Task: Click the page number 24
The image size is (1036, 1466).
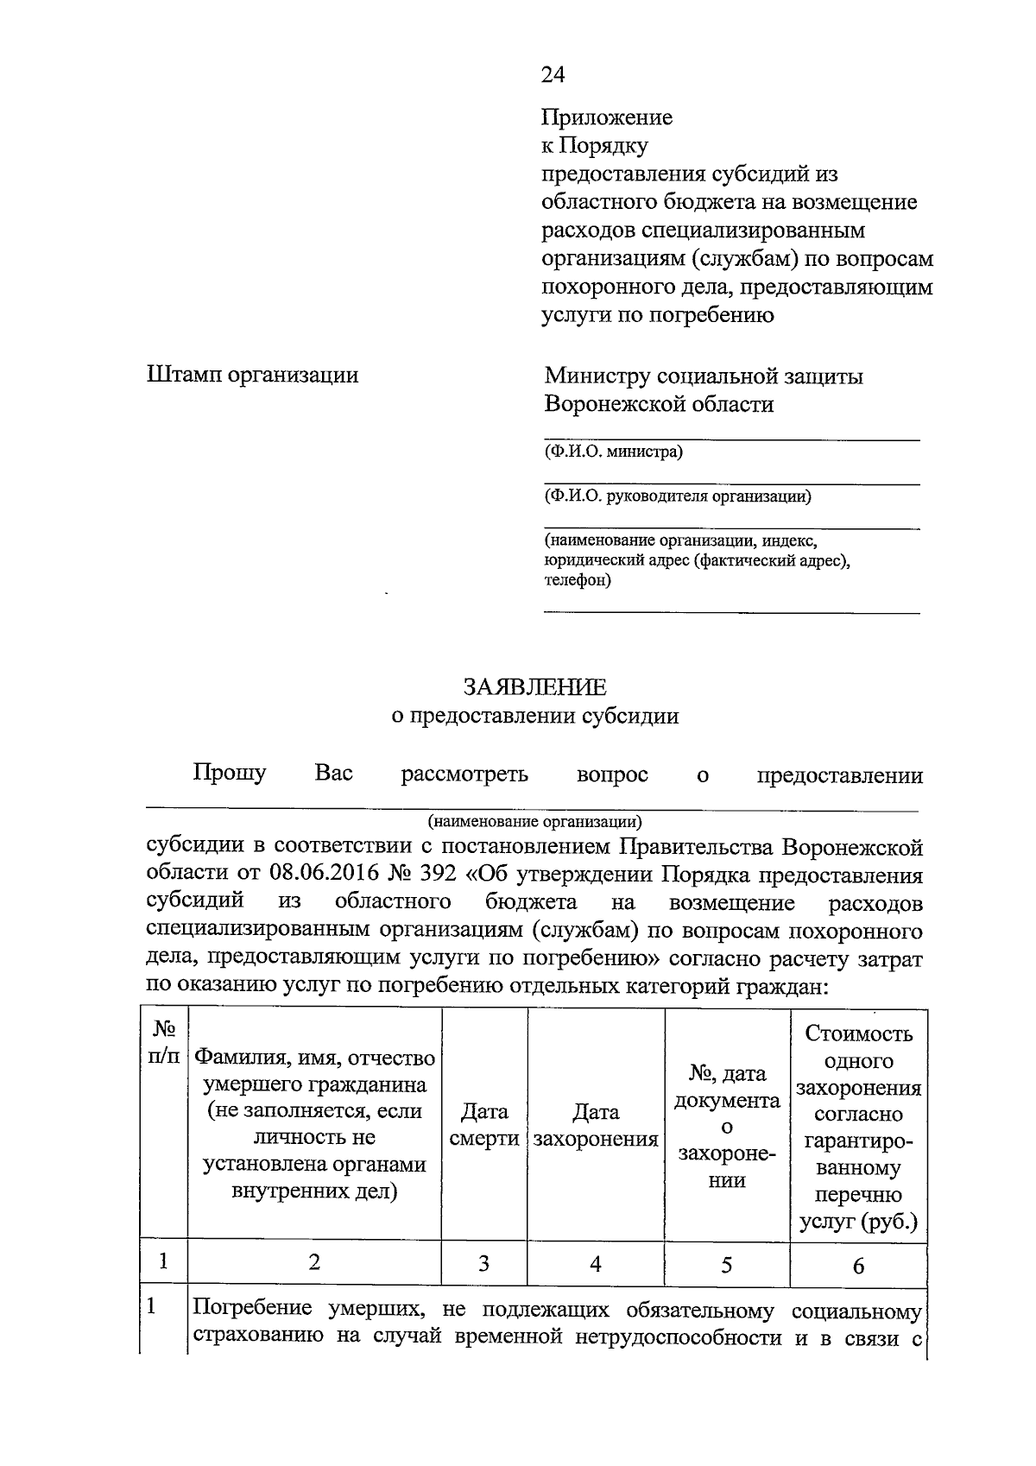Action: pos(553,75)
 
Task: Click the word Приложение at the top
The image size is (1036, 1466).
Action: pos(606,117)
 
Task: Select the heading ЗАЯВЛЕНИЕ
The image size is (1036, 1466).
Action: pos(534,687)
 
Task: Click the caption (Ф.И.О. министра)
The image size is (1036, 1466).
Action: pos(613,452)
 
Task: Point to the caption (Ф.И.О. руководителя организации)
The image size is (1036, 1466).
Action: pos(677,496)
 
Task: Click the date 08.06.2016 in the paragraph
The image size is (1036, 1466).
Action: pos(325,875)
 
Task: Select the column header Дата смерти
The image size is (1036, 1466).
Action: pos(484,1124)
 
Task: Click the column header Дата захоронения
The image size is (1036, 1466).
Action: pos(596,1124)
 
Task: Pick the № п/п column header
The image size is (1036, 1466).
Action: pos(165,1042)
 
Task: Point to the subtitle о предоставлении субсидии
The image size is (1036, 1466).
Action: pos(534,716)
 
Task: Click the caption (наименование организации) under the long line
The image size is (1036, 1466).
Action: pos(534,821)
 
